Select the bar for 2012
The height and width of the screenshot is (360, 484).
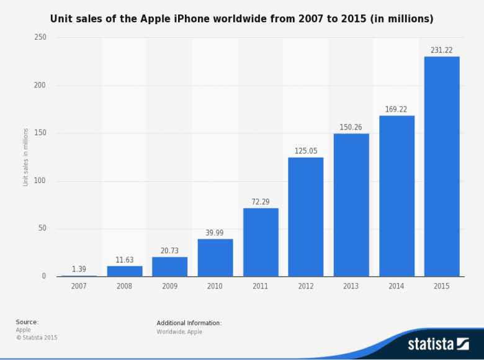[x=305, y=217]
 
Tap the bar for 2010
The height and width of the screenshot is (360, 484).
[x=215, y=258]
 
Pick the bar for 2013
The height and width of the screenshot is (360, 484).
[x=351, y=205]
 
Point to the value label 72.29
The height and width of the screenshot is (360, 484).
[x=261, y=202]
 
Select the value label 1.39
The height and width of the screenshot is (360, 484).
[x=79, y=269]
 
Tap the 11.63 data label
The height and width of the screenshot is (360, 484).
[x=124, y=260]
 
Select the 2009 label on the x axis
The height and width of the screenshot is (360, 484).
[x=169, y=286]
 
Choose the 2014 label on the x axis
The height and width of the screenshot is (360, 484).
[x=397, y=286]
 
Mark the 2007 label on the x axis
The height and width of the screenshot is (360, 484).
[x=79, y=286]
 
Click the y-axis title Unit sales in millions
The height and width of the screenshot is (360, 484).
[x=25, y=157]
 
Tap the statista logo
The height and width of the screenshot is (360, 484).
[x=438, y=343]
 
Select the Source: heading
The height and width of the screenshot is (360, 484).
[x=27, y=322]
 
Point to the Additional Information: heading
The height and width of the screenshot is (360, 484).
[x=189, y=323]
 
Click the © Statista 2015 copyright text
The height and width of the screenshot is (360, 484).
[x=37, y=338]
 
